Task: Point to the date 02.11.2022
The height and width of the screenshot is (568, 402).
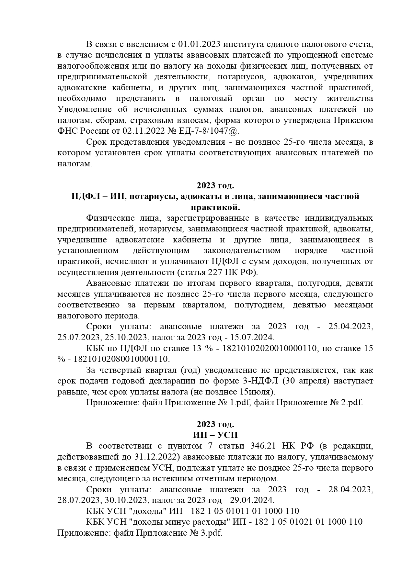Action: pos(140,131)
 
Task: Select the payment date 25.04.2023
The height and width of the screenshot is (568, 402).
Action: pos(350,327)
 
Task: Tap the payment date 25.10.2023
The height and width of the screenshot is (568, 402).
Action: pos(126,338)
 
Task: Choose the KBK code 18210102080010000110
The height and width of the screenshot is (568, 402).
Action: pos(122,359)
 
